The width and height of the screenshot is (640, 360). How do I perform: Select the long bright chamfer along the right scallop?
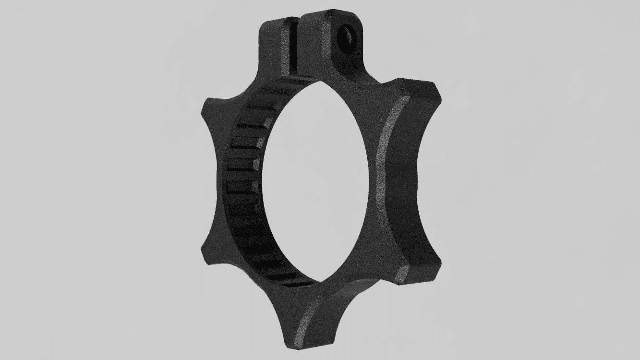tap(382, 178)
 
